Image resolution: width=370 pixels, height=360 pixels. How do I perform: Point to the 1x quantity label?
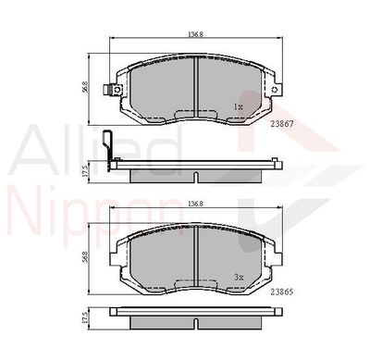(x=239, y=106)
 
